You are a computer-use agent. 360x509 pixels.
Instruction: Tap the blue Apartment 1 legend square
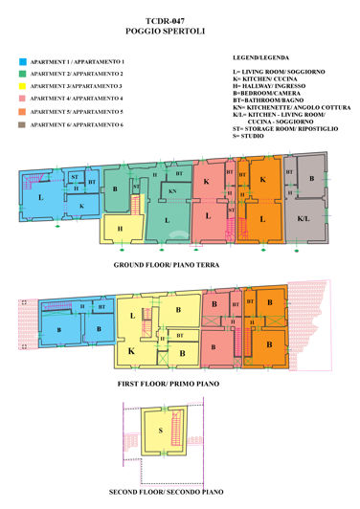tap(22, 60)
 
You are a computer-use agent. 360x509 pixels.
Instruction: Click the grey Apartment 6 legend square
tap(22, 124)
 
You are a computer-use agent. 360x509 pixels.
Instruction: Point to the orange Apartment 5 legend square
tap(22, 112)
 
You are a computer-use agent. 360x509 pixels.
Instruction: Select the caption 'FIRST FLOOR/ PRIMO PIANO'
tap(169, 382)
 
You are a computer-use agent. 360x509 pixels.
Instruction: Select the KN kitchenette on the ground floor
tap(172, 191)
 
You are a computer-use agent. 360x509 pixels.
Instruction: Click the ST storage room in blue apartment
tap(75, 177)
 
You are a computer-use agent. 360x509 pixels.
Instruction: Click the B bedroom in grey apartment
tap(310, 179)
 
